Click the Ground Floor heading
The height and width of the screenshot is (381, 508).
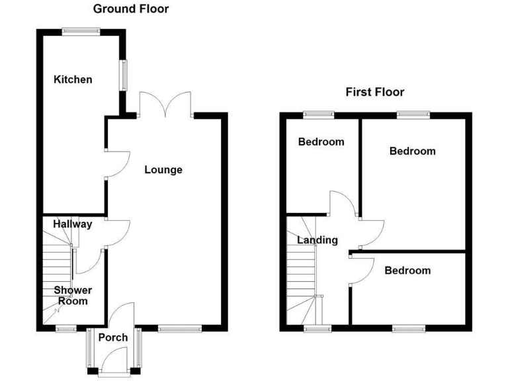click(x=130, y=9)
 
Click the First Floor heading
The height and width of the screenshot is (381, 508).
click(x=374, y=92)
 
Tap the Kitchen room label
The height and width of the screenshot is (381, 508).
click(x=73, y=79)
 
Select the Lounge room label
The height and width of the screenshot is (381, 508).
click(x=163, y=170)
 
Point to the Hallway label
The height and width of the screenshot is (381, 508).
click(x=73, y=224)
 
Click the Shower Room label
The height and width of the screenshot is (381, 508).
click(x=73, y=295)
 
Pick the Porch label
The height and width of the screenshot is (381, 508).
click(x=112, y=338)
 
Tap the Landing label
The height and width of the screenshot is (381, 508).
click(x=317, y=240)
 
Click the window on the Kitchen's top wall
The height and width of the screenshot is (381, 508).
click(x=81, y=30)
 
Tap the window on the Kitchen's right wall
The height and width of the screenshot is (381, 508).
click(x=123, y=73)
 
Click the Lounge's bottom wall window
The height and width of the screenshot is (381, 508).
click(x=180, y=327)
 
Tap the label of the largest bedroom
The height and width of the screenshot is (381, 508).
click(x=412, y=151)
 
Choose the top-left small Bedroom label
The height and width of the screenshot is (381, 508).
click(x=321, y=142)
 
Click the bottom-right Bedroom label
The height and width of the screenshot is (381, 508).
click(x=407, y=270)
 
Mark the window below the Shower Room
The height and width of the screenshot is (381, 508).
click(x=65, y=328)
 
